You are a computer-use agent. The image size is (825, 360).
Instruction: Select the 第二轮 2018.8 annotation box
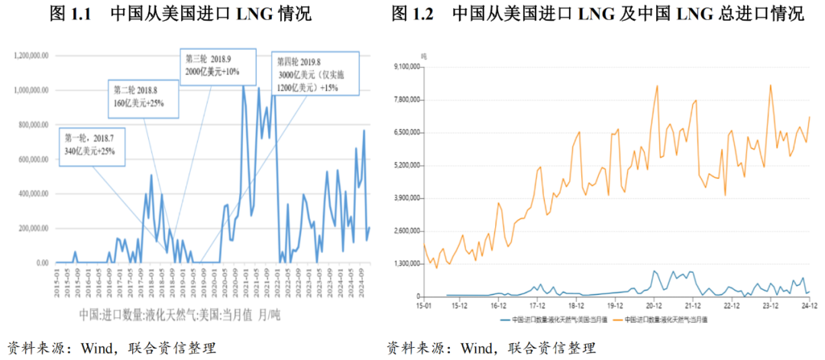(x=142, y=98)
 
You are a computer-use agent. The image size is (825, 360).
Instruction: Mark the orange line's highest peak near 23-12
(x=770, y=85)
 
